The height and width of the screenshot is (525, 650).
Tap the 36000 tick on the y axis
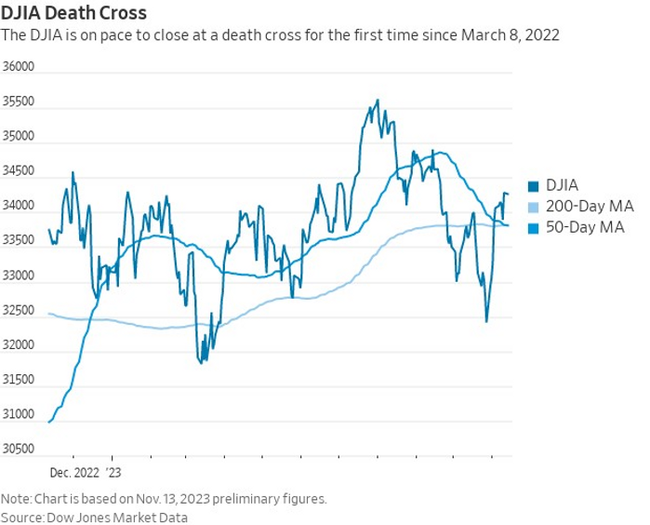tap(19, 68)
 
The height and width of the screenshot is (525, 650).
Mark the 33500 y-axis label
tap(19, 241)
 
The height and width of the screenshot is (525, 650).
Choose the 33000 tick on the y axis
tap(19, 276)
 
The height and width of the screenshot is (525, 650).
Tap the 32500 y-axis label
tap(19, 311)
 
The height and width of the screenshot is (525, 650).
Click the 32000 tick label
tap(19, 345)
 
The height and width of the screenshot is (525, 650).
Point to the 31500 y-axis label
tap(19, 381)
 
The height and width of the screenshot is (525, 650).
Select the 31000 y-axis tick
tap(19, 415)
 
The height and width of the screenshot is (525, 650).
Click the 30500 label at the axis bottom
tap(19, 450)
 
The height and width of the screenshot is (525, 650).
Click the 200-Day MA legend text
tap(583, 207)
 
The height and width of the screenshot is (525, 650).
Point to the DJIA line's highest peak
tap(377, 101)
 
